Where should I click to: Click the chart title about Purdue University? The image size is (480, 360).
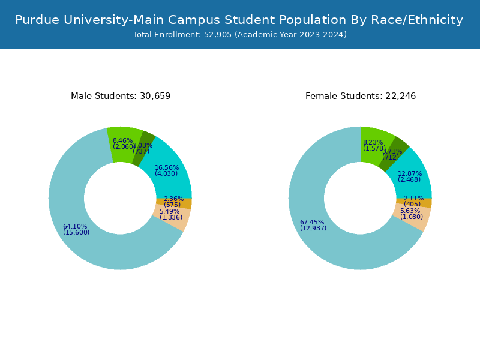(x=239, y=20)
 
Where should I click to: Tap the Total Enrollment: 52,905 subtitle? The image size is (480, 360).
(x=239, y=35)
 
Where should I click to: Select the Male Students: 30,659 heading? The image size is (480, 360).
(x=121, y=96)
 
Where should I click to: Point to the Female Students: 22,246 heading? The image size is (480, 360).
(x=361, y=96)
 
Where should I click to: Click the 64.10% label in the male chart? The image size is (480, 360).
(x=75, y=226)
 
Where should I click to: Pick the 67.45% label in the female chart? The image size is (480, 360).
(x=312, y=222)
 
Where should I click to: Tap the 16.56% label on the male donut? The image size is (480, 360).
(x=167, y=168)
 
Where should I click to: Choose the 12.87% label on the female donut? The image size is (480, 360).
(x=410, y=174)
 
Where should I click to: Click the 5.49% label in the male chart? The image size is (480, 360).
(x=169, y=211)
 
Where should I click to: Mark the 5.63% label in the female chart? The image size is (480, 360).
(x=410, y=211)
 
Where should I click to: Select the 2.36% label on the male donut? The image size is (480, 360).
(x=173, y=199)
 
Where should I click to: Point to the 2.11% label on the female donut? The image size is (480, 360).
(x=413, y=198)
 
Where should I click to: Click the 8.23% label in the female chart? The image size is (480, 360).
(x=373, y=142)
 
